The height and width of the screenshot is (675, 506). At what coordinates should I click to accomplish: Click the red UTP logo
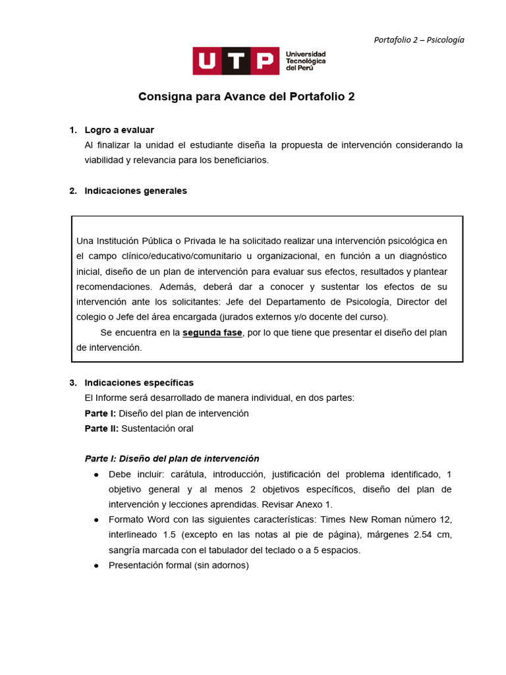(235, 61)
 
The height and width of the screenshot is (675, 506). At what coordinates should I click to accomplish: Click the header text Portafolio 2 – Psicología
(419, 40)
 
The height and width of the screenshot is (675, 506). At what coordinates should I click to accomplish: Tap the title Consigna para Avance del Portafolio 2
(246, 96)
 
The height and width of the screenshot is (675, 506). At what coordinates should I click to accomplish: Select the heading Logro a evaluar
(119, 130)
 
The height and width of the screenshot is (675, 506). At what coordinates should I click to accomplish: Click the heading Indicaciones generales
(136, 191)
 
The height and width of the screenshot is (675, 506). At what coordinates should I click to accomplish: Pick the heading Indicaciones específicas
(139, 383)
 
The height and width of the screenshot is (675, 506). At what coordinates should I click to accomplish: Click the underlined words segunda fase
(212, 333)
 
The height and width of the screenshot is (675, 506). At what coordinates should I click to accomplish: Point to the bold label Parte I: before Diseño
(100, 413)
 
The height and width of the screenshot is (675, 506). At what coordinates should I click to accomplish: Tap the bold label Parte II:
(101, 428)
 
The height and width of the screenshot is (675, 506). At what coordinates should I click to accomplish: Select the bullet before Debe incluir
(96, 475)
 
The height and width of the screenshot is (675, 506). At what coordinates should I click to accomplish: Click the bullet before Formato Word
(96, 520)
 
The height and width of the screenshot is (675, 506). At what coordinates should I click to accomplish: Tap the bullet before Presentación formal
(96, 566)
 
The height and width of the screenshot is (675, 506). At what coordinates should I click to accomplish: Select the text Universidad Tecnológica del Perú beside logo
(305, 61)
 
